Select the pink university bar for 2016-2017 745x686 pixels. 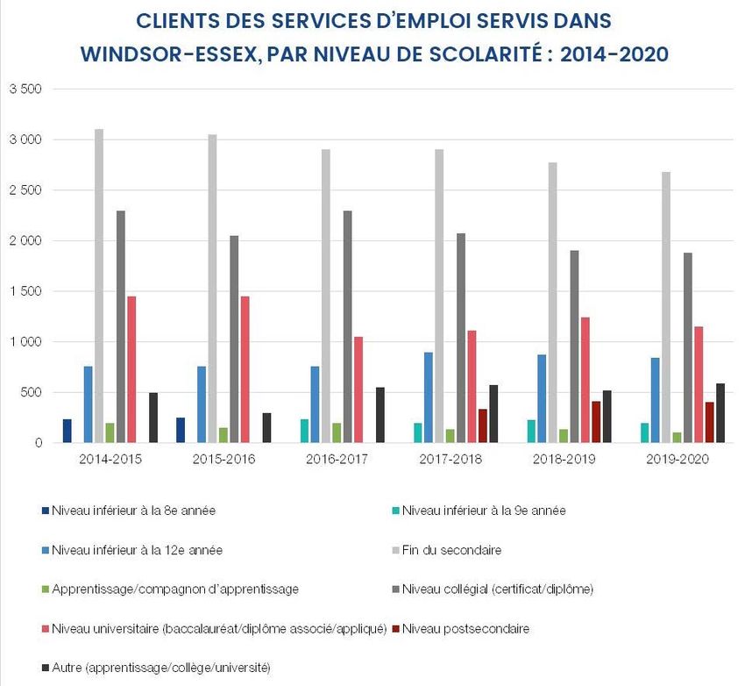pyautogui.click(x=358, y=389)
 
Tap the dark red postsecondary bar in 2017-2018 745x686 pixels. pyautogui.click(x=482, y=425)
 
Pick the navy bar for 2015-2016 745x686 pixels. pyautogui.click(x=181, y=430)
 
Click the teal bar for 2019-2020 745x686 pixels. pyautogui.click(x=644, y=432)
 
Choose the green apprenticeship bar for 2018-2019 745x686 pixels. pyautogui.click(x=564, y=436)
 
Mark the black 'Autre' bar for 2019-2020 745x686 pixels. pyautogui.click(x=720, y=412)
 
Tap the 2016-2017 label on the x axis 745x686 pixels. pyautogui.click(x=336, y=460)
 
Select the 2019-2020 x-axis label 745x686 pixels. pyautogui.click(x=676, y=460)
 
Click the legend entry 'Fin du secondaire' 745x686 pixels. pyautogui.click(x=451, y=551)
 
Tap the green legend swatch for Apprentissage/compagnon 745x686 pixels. pyautogui.click(x=45, y=590)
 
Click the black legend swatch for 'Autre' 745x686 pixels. pyautogui.click(x=45, y=668)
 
